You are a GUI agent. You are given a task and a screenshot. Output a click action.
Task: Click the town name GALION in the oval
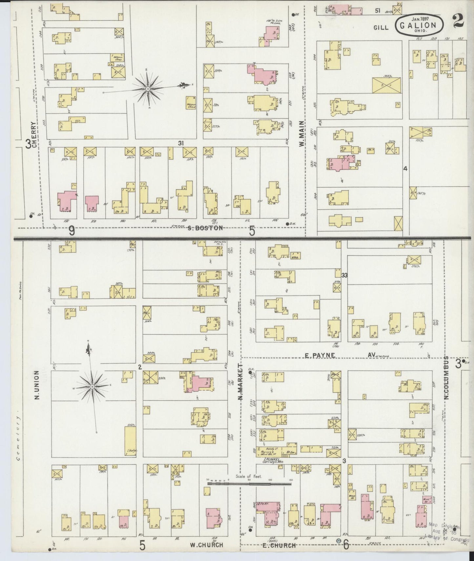click(x=419, y=25)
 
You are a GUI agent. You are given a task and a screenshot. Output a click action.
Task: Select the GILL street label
click(x=381, y=28)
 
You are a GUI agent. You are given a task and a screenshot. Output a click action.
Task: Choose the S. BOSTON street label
click(x=205, y=228)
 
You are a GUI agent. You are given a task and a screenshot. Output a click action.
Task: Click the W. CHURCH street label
click(x=207, y=545)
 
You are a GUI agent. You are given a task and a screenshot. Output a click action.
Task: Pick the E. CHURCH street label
click(x=279, y=545)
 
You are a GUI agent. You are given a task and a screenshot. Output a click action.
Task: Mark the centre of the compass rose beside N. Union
click(x=93, y=387)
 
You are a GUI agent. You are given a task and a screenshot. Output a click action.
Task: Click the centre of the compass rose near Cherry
click(x=148, y=89)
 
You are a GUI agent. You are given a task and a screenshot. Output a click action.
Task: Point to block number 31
click(x=181, y=143)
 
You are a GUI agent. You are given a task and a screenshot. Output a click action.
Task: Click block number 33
click(x=344, y=275)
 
